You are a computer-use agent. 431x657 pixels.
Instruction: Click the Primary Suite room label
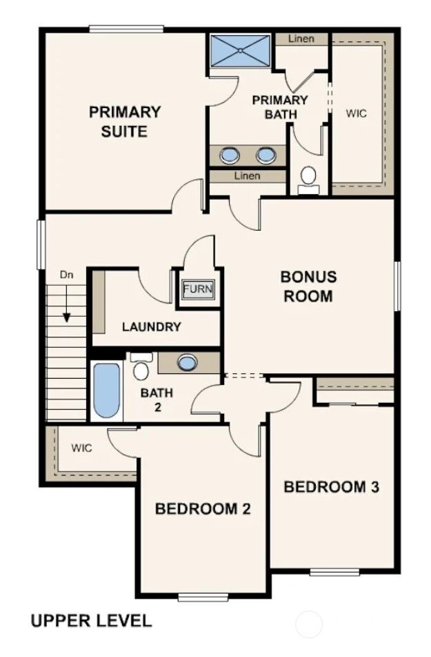pos(125,122)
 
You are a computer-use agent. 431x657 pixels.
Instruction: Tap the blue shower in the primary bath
pos(241,51)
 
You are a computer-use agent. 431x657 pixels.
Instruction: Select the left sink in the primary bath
pos(230,156)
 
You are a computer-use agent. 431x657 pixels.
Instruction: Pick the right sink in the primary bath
pos(265,156)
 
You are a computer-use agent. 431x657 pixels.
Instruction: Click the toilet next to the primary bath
pos(308,180)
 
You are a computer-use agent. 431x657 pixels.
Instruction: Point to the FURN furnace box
pos(199,289)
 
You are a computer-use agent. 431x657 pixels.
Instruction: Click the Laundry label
pos(152,327)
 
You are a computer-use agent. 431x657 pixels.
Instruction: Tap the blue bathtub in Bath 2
pos(106,390)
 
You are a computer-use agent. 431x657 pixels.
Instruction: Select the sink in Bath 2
pos(187,362)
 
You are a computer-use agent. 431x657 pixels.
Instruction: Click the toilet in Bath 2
pos(140,366)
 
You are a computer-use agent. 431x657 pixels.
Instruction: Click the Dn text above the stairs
pos(66,275)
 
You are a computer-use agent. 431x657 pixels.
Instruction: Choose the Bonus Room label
pos(308,286)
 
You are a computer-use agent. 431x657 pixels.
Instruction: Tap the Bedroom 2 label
pos(203,509)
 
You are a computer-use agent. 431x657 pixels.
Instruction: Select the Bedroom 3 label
pos(332,487)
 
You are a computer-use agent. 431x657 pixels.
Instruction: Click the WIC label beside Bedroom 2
pos(81,448)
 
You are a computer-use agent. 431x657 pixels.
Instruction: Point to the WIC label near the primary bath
pos(357,113)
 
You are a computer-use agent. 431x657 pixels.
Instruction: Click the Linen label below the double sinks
pos(247,176)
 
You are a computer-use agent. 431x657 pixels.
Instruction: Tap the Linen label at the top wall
pos(301,39)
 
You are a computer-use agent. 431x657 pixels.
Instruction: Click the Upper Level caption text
pos(91,620)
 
